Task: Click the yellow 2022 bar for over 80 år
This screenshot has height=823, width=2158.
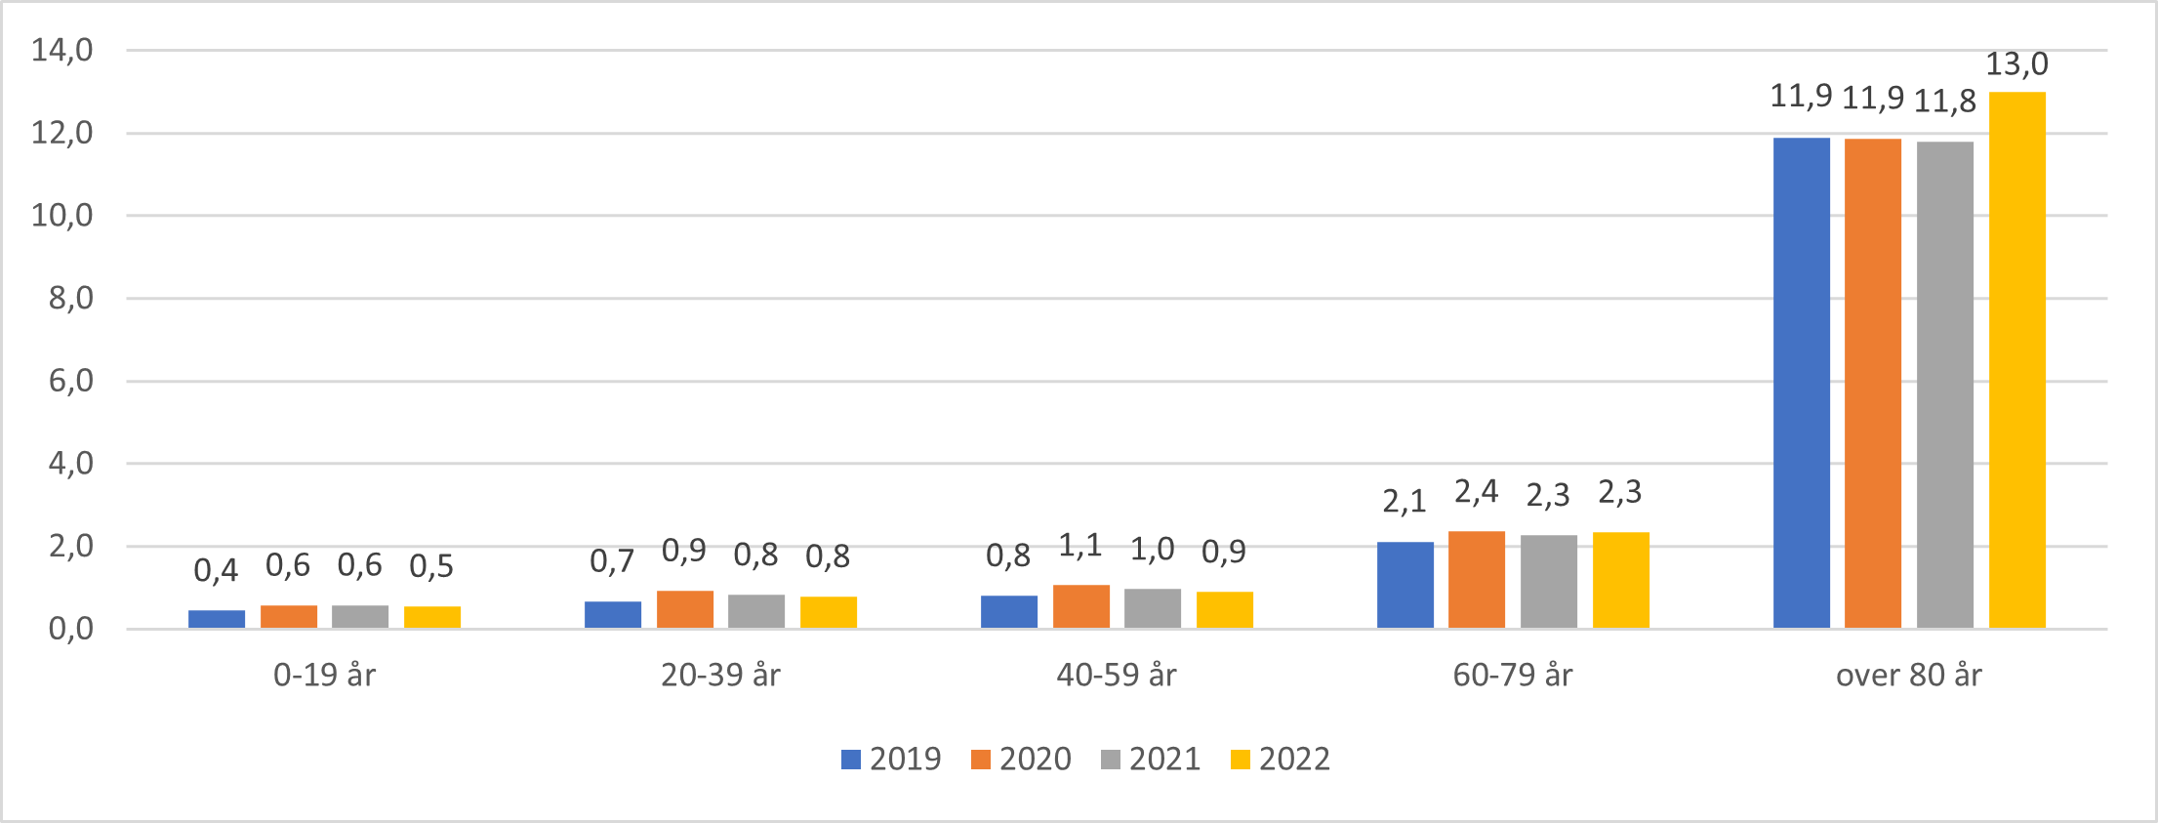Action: pos(2016,361)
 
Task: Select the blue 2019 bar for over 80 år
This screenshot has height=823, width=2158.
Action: pos(1801,383)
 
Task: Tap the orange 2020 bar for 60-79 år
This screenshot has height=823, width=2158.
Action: pos(1476,580)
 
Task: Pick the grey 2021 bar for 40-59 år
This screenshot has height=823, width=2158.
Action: pos(1152,608)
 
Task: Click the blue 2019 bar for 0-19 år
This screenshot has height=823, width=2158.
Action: pos(217,619)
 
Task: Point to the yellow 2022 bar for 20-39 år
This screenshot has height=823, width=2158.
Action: pos(828,612)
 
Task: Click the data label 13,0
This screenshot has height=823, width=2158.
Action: pos(2016,64)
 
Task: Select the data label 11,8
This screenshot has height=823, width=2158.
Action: pos(1944,102)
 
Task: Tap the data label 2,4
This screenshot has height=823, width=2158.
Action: pos(1476,492)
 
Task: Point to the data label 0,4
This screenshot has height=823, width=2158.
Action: pos(216,570)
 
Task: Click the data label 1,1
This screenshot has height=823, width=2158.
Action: pos(1080,546)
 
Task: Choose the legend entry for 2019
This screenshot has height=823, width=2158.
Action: pos(891,759)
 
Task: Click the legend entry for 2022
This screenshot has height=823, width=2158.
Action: pos(1281,759)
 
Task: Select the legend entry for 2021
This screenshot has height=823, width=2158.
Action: pos(1151,759)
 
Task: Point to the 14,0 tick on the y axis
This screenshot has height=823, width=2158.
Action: pos(62,50)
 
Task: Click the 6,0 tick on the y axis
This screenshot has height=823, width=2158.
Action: pos(71,381)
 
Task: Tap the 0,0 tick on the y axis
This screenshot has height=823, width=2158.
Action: pos(71,629)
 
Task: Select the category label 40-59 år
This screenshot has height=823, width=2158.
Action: pos(1117,675)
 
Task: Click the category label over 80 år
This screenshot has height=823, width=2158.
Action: pos(1908,675)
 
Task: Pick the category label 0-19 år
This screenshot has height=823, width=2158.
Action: pos(324,675)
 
